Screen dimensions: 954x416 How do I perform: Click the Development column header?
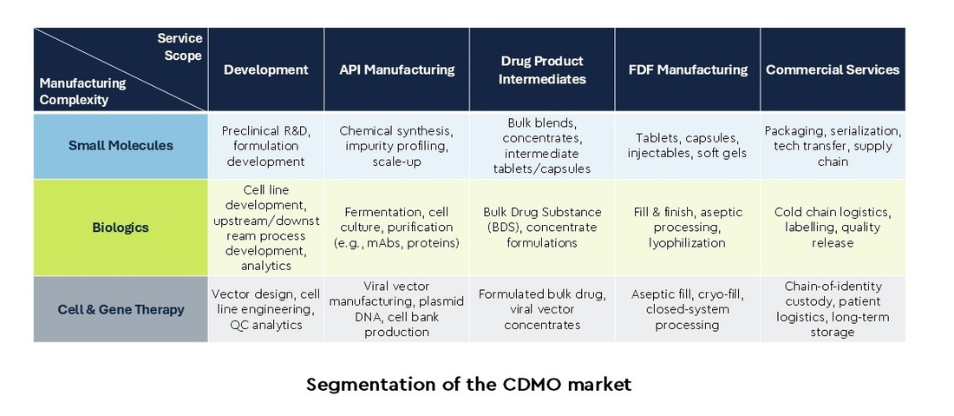pyautogui.click(x=266, y=69)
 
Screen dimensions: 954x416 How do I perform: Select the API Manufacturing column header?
pyautogui.click(x=396, y=69)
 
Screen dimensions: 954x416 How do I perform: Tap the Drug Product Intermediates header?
pyautogui.click(x=542, y=69)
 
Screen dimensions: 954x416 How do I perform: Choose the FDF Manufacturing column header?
pyautogui.click(x=688, y=69)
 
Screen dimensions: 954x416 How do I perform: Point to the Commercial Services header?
pyautogui.click(x=833, y=69)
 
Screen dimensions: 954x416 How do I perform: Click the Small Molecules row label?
pyautogui.click(x=121, y=146)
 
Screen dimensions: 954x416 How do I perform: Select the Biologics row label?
pyautogui.click(x=121, y=228)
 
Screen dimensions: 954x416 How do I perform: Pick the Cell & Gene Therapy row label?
pyautogui.click(x=121, y=309)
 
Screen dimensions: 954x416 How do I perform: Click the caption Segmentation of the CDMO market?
pyautogui.click(x=468, y=385)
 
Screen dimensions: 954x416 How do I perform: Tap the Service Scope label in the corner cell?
pyautogui.click(x=180, y=47)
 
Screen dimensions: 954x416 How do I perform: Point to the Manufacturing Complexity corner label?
pyautogui.click(x=82, y=91)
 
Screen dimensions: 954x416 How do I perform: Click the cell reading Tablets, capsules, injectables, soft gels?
pyautogui.click(x=688, y=146)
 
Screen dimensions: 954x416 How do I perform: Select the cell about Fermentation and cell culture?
pyautogui.click(x=396, y=228)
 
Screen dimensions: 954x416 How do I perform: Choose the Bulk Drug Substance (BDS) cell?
pyautogui.click(x=542, y=228)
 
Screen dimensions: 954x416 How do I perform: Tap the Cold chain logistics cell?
pyautogui.click(x=833, y=228)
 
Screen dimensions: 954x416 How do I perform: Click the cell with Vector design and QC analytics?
pyautogui.click(x=266, y=309)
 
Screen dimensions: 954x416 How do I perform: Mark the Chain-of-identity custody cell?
pyautogui.click(x=833, y=309)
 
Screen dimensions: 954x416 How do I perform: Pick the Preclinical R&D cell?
pyautogui.click(x=266, y=146)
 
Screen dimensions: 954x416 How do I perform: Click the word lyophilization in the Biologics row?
pyautogui.click(x=687, y=243)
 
